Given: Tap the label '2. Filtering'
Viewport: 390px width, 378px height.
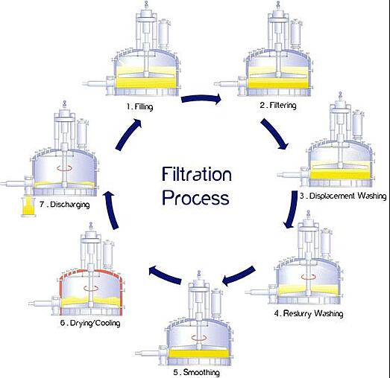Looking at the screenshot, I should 277,106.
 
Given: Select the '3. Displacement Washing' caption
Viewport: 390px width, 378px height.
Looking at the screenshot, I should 342,196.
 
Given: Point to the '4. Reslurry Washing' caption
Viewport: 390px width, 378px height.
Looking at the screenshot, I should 309,314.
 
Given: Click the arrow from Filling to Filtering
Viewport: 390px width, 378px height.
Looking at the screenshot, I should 204,97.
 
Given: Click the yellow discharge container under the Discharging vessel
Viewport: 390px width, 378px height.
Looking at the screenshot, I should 28,208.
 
